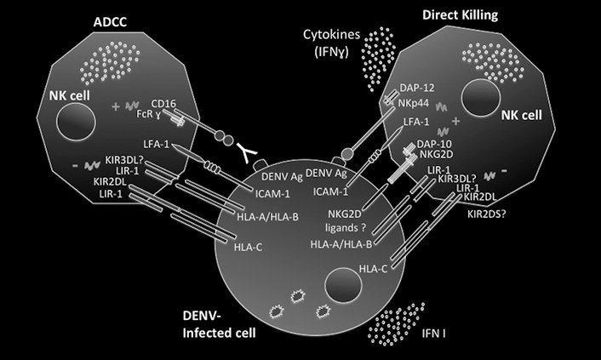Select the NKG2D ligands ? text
[x=339, y=219]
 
